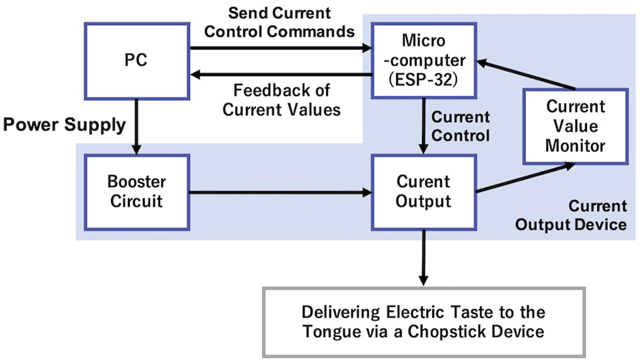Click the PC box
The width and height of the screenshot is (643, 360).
coord(137,61)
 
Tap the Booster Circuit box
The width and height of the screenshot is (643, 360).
coord(137,192)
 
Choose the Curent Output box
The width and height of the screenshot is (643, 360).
coord(424,192)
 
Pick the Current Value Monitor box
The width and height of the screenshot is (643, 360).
coord(575,127)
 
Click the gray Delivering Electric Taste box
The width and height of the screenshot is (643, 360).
coord(423,322)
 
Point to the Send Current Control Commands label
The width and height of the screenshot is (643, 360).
coord(281,22)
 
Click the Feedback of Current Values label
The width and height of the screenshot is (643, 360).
coord(281,98)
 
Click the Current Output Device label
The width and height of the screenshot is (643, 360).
coord(571,215)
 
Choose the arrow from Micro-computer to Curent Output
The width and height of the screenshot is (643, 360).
coord(424,124)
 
